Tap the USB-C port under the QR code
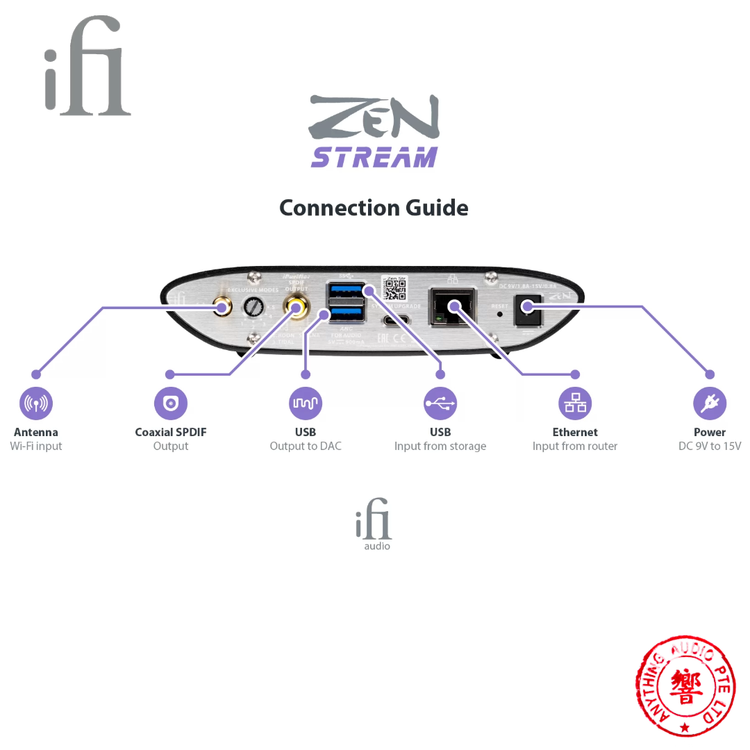395,322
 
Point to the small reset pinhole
499,314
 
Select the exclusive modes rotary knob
253,307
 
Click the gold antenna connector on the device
223,306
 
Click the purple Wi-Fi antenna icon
36,403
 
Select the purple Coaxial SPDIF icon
171,403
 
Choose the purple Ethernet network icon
575,403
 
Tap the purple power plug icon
710,403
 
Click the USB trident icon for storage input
440,403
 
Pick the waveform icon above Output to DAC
306,403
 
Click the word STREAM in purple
374,157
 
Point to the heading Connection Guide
374,208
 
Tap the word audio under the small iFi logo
377,547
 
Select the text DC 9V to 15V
710,447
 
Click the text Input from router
575,447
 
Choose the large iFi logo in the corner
87,66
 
